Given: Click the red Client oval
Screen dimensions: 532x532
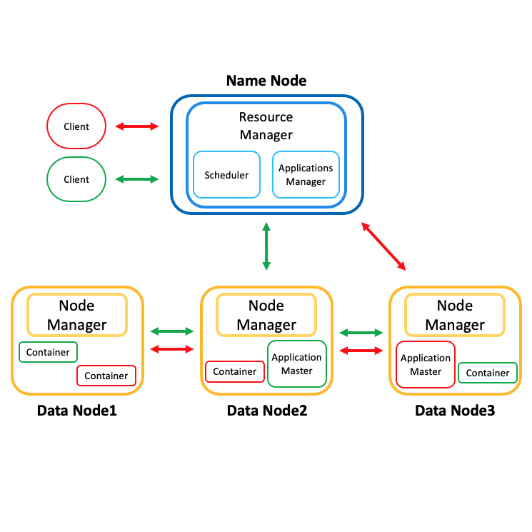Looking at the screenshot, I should click(76, 126).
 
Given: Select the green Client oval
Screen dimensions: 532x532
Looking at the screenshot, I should click(76, 179).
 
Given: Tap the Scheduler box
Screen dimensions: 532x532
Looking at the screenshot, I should click(226, 175).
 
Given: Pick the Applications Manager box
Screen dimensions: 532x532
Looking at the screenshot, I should click(306, 175).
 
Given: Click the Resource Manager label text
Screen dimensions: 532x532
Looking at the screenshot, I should click(266, 126).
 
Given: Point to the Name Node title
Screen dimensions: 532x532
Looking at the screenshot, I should click(266, 81).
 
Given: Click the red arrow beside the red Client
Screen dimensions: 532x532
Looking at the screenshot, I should click(137, 126).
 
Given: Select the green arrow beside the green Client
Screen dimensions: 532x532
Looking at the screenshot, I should click(137, 179).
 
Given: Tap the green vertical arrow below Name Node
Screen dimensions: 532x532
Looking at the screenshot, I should click(266, 246).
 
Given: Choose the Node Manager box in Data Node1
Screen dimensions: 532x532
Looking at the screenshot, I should click(76, 315).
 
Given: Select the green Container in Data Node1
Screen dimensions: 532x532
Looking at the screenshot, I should click(48, 352).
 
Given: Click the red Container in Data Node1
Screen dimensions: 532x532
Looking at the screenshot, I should click(106, 376).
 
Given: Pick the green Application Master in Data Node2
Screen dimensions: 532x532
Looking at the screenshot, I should click(296, 363).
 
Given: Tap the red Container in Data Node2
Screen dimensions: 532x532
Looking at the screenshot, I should click(234, 371).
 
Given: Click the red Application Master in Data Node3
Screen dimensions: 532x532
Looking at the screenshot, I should click(426, 365).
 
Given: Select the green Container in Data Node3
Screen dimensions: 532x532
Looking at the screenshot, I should click(488, 373).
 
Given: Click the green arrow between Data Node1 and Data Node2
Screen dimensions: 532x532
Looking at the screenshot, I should click(173, 331).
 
